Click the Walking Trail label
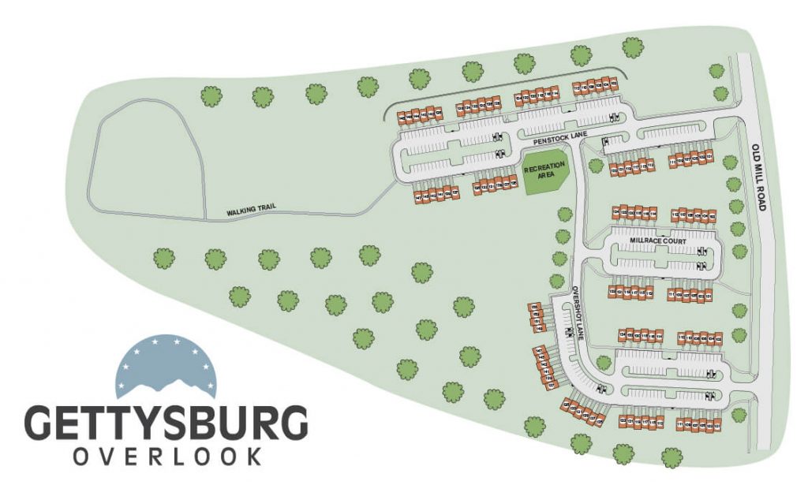tap(251, 211)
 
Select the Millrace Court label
tap(658, 240)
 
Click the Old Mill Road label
tap(760, 177)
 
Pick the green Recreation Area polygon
tap(545, 170)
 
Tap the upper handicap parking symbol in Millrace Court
tap(701, 249)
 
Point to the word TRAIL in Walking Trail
tap(265, 211)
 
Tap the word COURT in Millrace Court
tap(672, 240)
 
